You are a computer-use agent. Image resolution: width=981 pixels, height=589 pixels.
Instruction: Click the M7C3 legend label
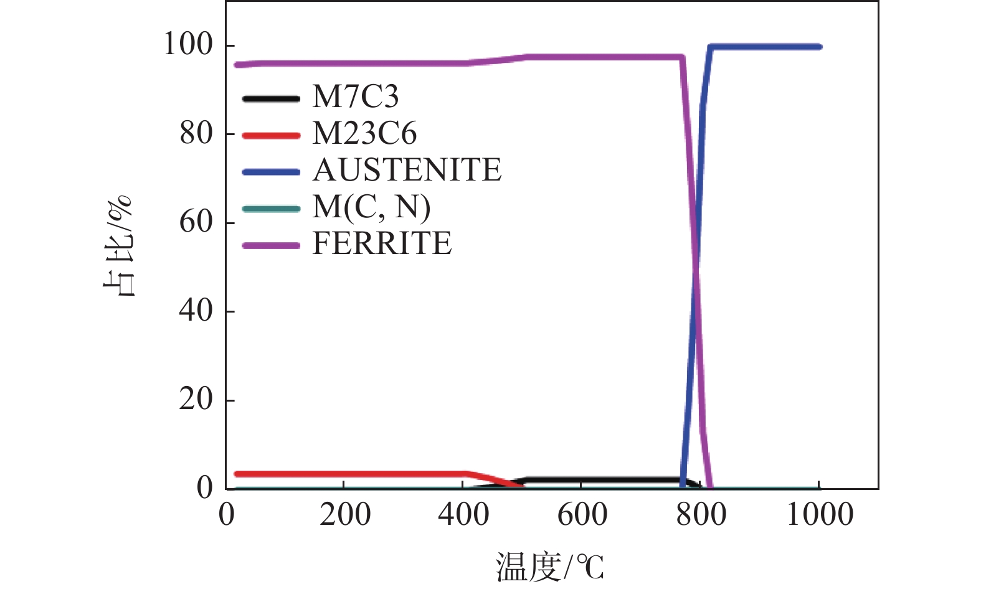pos(355,97)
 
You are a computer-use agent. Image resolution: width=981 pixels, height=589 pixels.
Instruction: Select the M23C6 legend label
pos(364,134)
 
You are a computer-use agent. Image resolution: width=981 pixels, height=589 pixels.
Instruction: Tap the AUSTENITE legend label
pos(407,171)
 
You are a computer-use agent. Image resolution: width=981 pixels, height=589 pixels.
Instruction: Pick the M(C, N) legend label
pos(371,207)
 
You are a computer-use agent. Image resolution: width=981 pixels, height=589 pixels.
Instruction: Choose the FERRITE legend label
pos(382,243)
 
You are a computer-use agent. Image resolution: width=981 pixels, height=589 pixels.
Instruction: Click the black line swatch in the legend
pos(271,98)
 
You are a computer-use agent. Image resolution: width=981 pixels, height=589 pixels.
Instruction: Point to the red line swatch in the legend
pos(271,135)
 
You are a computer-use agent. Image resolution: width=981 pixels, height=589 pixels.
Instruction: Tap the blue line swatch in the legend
pos(271,172)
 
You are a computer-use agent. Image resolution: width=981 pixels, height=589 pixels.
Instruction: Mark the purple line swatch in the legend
pos(271,245)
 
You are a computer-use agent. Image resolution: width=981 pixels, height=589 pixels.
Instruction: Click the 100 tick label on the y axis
pos(187,45)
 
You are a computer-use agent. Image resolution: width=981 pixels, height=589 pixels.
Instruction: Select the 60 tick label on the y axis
pos(196,222)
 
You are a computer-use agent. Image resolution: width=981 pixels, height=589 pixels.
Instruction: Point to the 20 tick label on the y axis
pos(196,399)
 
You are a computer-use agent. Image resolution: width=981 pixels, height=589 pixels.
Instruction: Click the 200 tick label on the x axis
pos(344,516)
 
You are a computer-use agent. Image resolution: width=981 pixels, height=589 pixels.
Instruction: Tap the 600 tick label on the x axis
pos(582,516)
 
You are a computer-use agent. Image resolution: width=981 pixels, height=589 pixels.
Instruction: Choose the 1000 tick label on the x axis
pos(820,516)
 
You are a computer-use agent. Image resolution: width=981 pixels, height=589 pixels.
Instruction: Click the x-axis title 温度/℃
pos(549,567)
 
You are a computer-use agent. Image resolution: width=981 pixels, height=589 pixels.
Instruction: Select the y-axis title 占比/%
pos(118,245)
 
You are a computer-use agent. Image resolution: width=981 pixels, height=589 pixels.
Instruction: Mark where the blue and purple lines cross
pos(696,268)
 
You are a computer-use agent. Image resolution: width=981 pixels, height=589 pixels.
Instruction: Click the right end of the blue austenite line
pos(819,47)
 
